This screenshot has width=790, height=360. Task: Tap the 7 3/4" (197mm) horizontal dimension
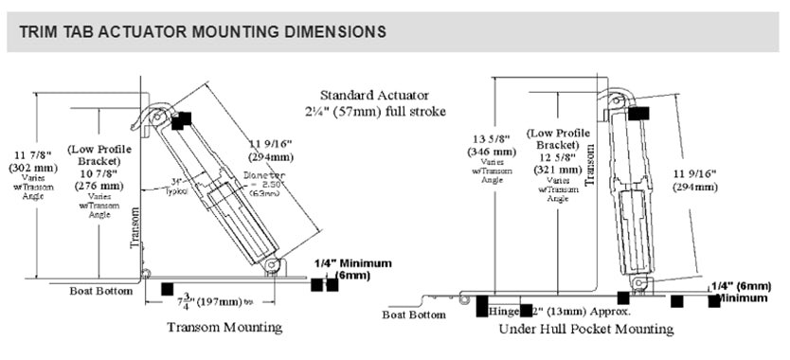click(x=207, y=300)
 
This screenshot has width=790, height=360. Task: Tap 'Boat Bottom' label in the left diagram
click(x=101, y=291)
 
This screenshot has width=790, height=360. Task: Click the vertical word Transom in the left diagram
click(x=134, y=230)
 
